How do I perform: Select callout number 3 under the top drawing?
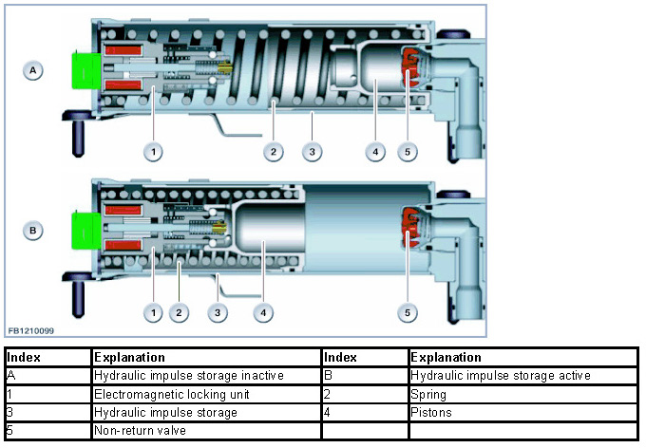(311, 151)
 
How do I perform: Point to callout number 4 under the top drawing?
(376, 151)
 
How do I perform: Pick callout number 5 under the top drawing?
(408, 151)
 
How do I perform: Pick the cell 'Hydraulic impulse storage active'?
(501, 375)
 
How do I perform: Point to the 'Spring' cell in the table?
(428, 393)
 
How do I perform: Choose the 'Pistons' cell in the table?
(432, 412)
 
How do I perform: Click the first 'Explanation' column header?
(129, 357)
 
